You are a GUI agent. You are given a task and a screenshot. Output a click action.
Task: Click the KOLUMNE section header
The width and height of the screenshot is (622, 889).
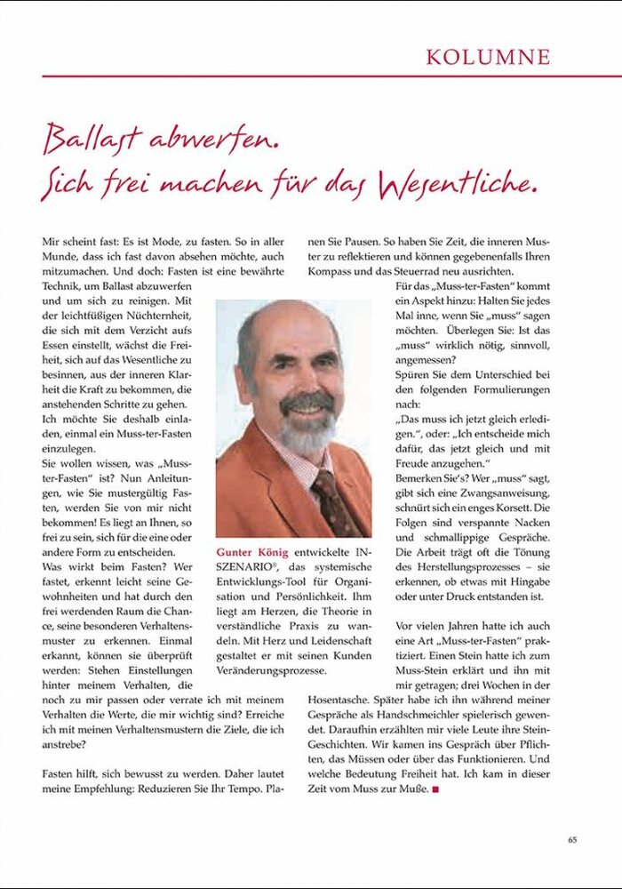[488, 57]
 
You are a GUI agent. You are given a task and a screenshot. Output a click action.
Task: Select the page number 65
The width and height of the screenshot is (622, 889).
[573, 838]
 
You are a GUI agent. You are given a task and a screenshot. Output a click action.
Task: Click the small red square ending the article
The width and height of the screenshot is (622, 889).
[435, 789]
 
